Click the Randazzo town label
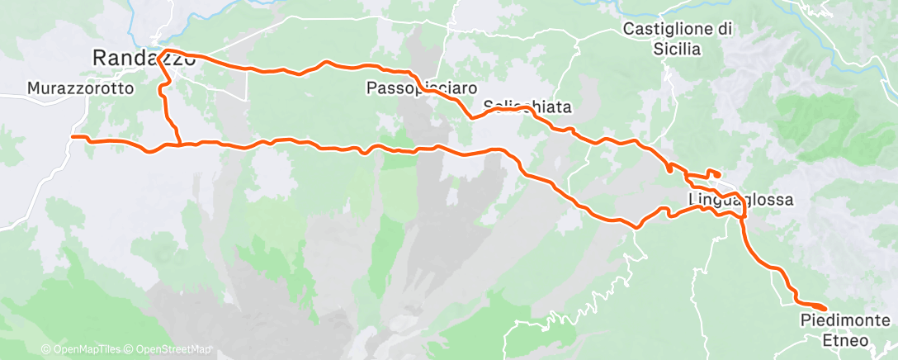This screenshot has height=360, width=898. coord(144,58)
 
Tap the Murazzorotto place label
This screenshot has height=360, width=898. coord(80,88)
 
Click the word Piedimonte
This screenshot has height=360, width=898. coord(844,320)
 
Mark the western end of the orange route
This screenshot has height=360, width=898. coord(73,136)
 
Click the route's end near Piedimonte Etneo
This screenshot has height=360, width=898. coord(824,309)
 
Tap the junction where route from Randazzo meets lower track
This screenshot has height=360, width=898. coord(179,145)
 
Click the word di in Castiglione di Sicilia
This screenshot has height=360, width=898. coord(726,29)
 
